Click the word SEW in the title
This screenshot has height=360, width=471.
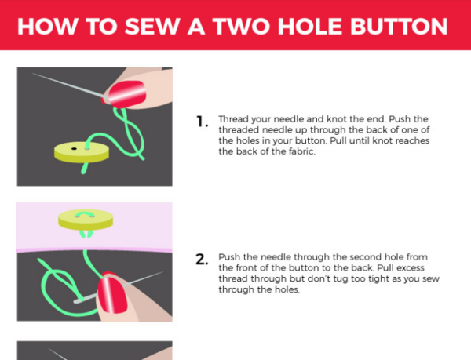click(152, 27)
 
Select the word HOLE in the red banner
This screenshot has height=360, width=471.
click(310, 27)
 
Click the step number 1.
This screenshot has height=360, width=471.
click(202, 122)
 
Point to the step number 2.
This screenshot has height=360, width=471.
click(202, 260)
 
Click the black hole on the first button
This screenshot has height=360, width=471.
click(74, 148)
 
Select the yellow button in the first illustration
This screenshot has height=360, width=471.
click(82, 152)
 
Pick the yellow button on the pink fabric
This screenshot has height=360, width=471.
click(86, 220)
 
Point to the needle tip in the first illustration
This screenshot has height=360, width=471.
click(33, 73)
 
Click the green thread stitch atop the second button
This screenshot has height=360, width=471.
click(86, 214)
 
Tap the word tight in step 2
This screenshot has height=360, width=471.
click(379, 279)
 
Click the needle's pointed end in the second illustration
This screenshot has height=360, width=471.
click(162, 272)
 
